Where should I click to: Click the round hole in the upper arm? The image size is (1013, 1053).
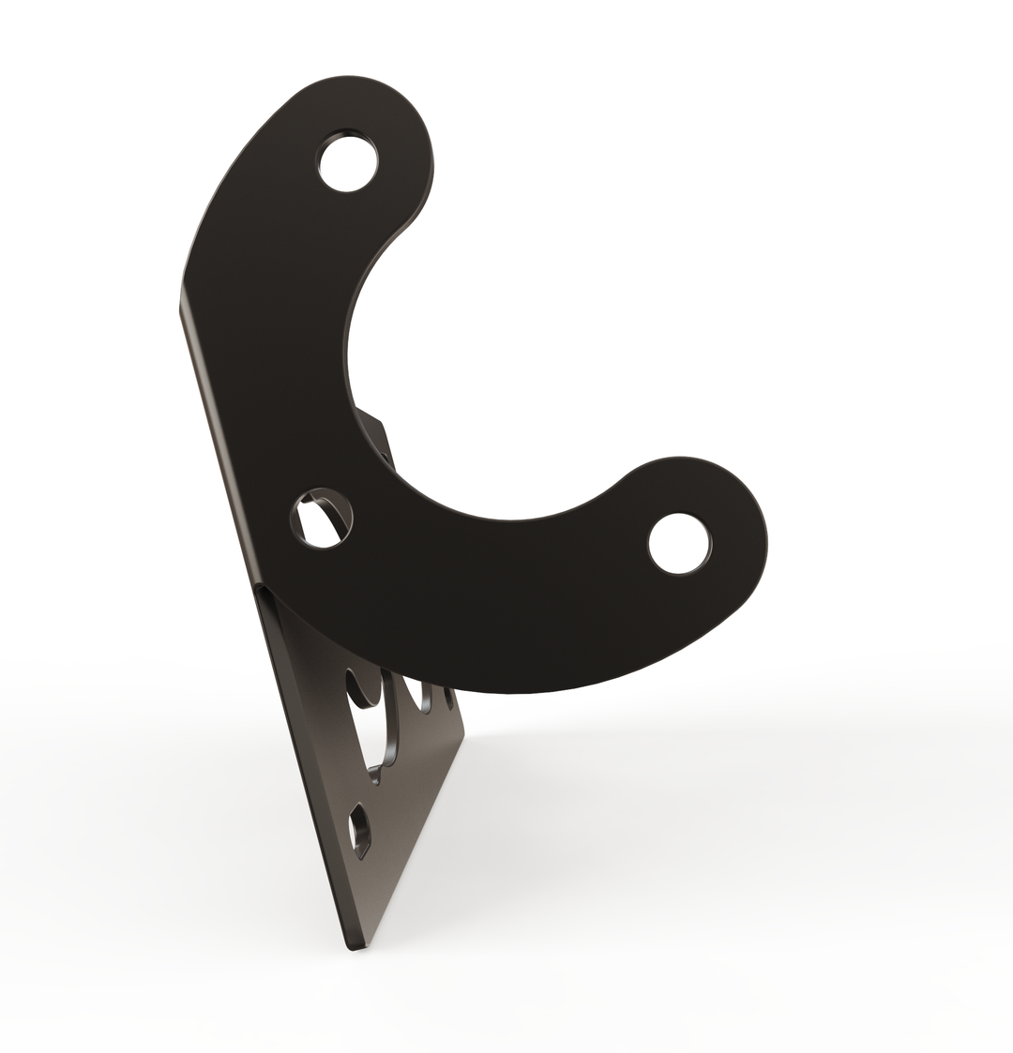348,162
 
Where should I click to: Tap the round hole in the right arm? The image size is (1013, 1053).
679,544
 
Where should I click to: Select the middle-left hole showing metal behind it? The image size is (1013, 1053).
322,519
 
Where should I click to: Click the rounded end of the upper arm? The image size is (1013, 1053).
413,122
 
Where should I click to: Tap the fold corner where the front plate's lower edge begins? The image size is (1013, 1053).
260,590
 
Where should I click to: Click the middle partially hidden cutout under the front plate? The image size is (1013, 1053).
411,693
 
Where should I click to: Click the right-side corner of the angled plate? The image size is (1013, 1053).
463,731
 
